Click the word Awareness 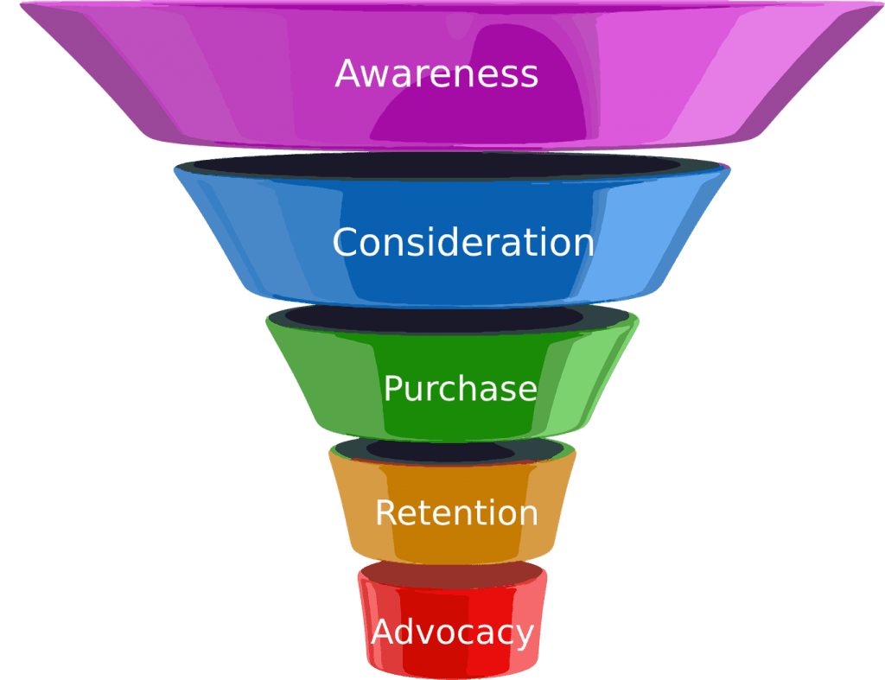[436, 73]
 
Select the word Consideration [463, 242]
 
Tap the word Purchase [460, 389]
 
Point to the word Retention [456, 513]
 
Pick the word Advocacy [453, 632]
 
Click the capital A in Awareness [347, 73]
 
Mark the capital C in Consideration [346, 242]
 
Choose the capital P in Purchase [393, 389]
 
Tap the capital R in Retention [386, 513]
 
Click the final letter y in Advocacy [524, 636]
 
